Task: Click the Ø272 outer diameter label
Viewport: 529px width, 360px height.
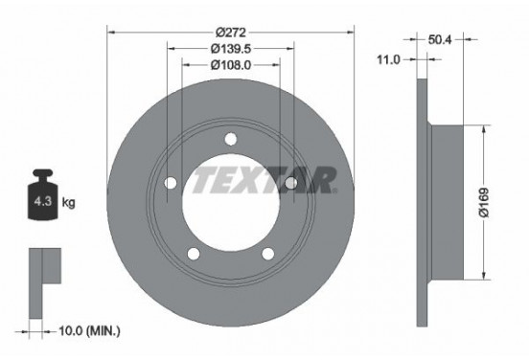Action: point(231,33)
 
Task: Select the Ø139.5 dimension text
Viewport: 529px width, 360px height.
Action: point(231,49)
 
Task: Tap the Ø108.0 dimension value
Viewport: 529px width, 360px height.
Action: point(231,65)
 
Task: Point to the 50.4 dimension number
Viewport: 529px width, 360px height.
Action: point(440,40)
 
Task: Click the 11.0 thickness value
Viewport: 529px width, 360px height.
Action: point(388,60)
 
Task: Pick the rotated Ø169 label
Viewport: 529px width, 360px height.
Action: point(484,203)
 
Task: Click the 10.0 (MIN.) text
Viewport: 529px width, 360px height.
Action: point(89,331)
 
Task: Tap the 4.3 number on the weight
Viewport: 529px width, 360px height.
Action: point(43,202)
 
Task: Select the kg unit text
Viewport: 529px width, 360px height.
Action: point(68,203)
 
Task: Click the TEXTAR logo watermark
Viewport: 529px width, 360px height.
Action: point(264,180)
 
